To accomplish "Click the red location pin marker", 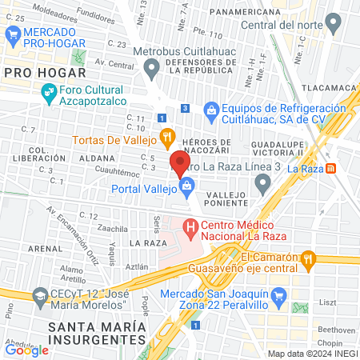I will click(179, 164).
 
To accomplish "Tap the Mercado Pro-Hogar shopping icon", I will click(12, 34).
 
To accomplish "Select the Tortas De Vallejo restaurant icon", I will click(166, 138).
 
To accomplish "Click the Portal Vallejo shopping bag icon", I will click(186, 189).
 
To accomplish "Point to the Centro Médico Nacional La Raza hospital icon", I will click(190, 228).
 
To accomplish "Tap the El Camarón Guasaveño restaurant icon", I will click(307, 258).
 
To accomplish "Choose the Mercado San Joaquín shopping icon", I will click(279, 298).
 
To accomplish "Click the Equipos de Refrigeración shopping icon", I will click(211, 109).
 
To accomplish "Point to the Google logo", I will click(26, 350).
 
